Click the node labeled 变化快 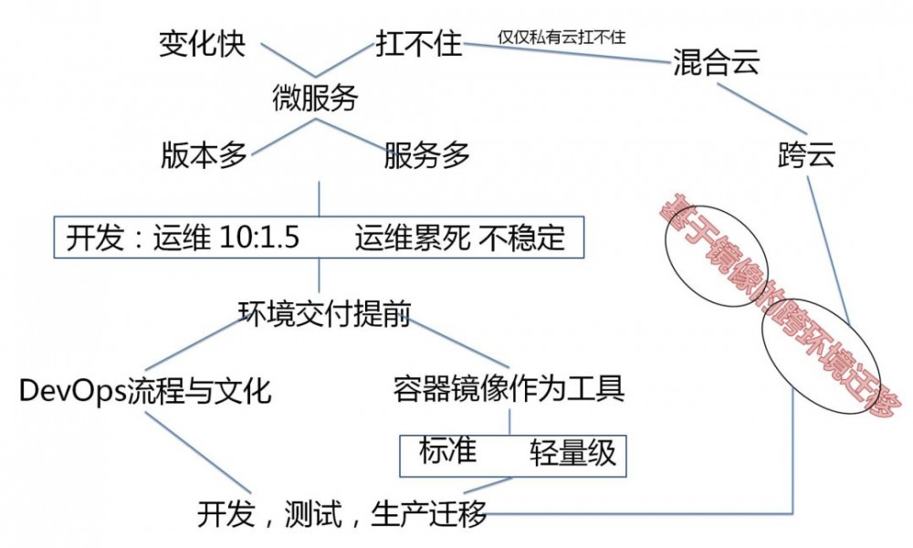pyautogui.click(x=203, y=43)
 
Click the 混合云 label pyautogui.click(x=716, y=63)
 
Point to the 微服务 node pyautogui.click(x=316, y=98)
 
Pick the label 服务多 pyautogui.click(x=426, y=155)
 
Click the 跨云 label pyautogui.click(x=807, y=153)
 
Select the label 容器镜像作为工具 pyautogui.click(x=509, y=390)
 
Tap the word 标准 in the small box pyautogui.click(x=447, y=450)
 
